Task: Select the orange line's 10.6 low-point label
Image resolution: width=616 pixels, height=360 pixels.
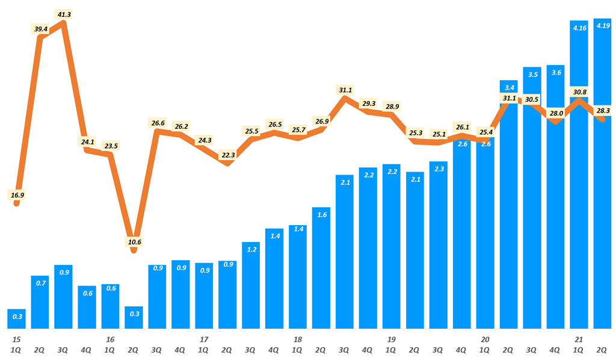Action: (135, 242)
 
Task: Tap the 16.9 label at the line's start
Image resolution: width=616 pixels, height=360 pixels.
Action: (17, 195)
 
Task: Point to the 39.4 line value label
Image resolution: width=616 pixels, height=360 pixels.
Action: (40, 29)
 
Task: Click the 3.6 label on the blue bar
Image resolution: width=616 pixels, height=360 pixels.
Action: (556, 72)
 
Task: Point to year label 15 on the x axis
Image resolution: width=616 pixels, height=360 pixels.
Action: (16, 339)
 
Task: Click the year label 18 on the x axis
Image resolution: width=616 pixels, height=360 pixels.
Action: (298, 339)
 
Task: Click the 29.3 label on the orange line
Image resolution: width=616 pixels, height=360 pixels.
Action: (369, 104)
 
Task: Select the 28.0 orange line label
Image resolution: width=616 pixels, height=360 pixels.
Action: (556, 113)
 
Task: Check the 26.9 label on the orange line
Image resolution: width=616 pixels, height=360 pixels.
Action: (322, 121)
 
